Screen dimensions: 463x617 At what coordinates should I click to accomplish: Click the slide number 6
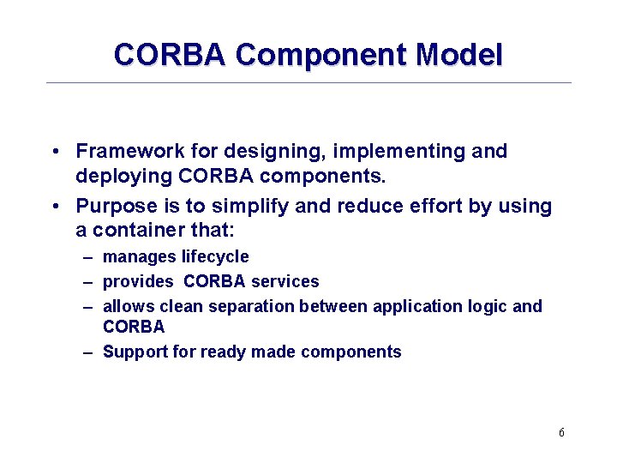point(561,433)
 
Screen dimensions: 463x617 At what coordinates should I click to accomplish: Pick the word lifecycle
point(215,257)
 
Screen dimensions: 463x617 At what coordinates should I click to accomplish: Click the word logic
point(487,306)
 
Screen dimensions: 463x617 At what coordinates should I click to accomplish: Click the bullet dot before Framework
point(54,153)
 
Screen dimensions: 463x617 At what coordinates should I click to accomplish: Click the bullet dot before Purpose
point(54,207)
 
